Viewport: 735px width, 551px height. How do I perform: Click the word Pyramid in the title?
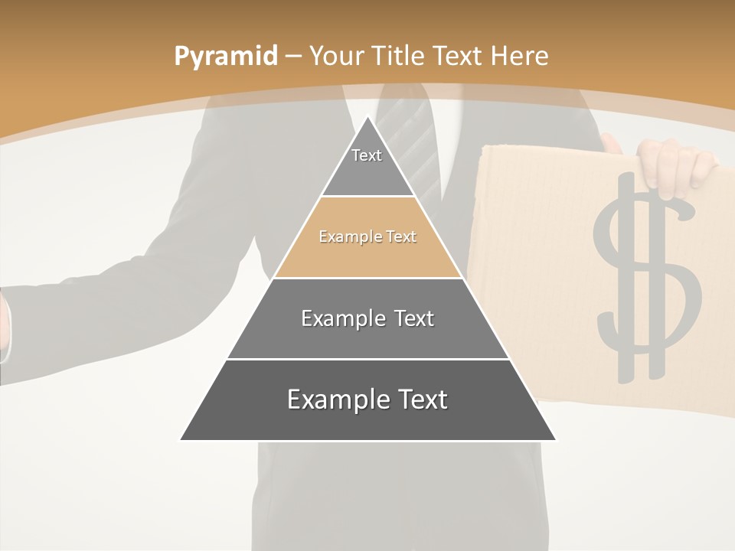pos(225,57)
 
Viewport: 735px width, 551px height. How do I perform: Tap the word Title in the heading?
pos(397,57)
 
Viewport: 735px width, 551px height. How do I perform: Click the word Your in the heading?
pos(336,57)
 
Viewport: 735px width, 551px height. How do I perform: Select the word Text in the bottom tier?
pos(420,399)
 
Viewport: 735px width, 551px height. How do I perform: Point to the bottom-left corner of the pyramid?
pos(181,439)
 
